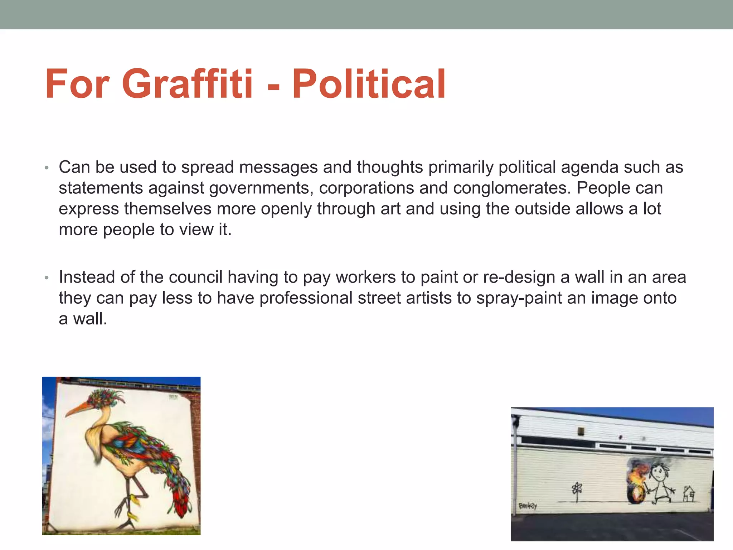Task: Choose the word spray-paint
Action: pos(519,298)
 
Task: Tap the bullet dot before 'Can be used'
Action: pos(46,168)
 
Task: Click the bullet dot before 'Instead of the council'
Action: pos(46,278)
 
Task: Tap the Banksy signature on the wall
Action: pos(528,506)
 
